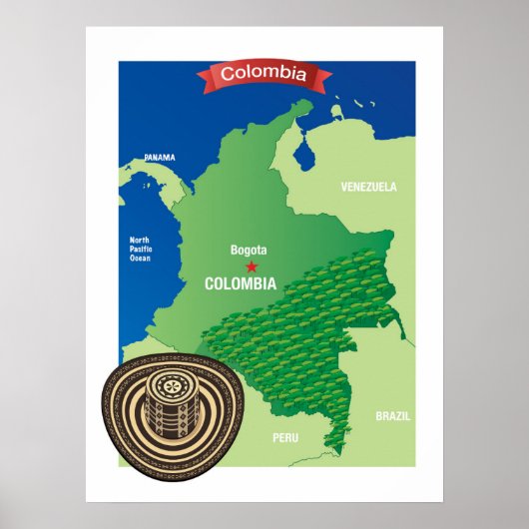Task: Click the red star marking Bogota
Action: (x=251, y=266)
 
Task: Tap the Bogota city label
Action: (x=250, y=251)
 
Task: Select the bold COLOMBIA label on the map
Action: (x=240, y=283)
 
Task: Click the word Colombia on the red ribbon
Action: (x=264, y=73)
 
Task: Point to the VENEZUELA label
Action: (x=368, y=187)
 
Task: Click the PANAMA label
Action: (x=159, y=158)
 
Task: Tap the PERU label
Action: (x=286, y=437)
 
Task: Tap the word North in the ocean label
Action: (x=140, y=240)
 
